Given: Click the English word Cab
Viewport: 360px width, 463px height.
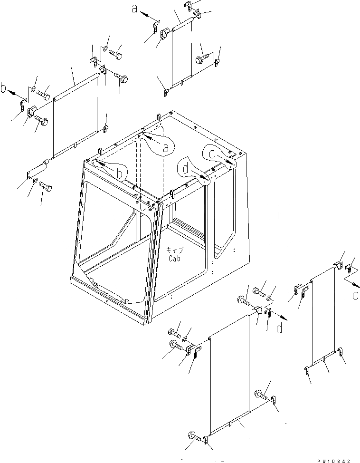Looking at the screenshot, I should tap(175, 259).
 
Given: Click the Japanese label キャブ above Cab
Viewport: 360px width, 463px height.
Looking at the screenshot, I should tap(175, 250).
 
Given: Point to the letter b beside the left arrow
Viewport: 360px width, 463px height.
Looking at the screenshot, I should tap(4, 88).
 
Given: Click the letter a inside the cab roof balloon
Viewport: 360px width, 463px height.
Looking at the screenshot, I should tap(165, 148).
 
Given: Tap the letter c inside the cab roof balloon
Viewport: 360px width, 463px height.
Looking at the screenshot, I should tap(212, 153).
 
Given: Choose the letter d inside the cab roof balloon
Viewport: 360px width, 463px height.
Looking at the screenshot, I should tap(186, 169).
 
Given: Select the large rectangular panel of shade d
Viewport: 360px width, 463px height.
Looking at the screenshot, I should tap(229, 376).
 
